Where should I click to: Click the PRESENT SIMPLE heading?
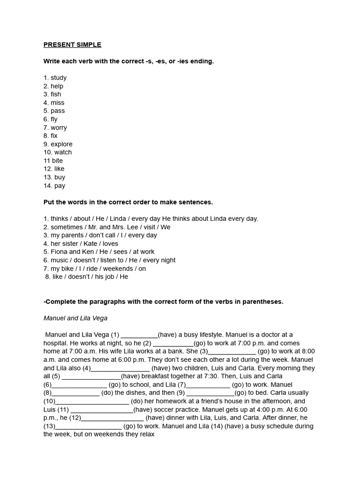pos(72,45)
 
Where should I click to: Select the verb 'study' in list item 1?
pos(59,78)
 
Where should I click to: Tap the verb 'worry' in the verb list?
pos(59,127)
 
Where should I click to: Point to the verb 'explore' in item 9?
pos(61,144)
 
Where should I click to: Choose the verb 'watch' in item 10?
pos(63,152)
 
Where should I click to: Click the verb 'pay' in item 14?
pos(60,186)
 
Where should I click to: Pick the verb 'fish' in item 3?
pos(56,94)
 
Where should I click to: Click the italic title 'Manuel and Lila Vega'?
pos(75,318)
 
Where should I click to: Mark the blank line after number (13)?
pos(89,427)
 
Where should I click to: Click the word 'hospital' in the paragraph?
pos(56,343)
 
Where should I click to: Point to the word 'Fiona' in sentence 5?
pos(60,252)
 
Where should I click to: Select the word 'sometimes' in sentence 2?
pos(66,227)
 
